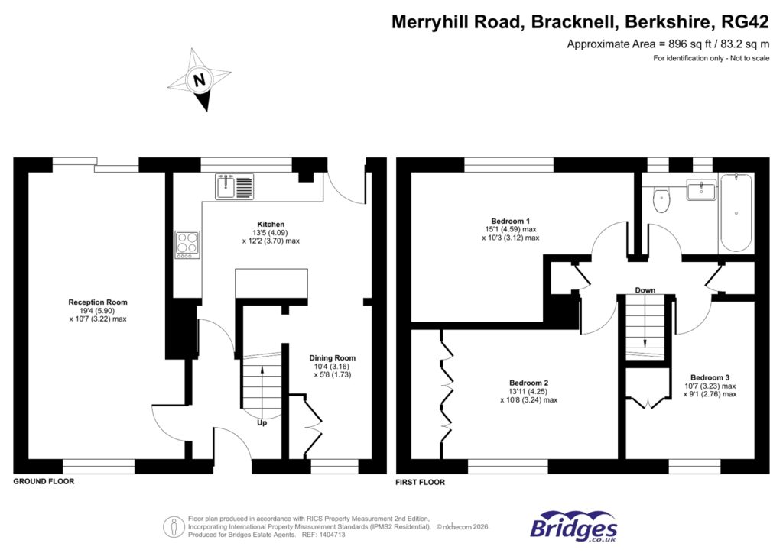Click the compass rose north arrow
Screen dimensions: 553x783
click(200, 80)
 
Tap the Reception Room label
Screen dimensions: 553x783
click(97, 302)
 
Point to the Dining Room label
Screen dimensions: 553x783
click(332, 357)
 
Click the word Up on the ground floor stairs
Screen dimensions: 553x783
click(262, 423)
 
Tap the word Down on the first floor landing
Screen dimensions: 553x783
click(645, 290)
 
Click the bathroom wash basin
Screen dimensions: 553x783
click(701, 189)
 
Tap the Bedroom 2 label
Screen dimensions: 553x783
click(529, 383)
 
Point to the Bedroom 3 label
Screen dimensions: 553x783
click(710, 377)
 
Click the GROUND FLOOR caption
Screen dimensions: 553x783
click(44, 482)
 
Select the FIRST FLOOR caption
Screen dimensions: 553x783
click(421, 482)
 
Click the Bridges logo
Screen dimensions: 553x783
click(574, 526)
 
